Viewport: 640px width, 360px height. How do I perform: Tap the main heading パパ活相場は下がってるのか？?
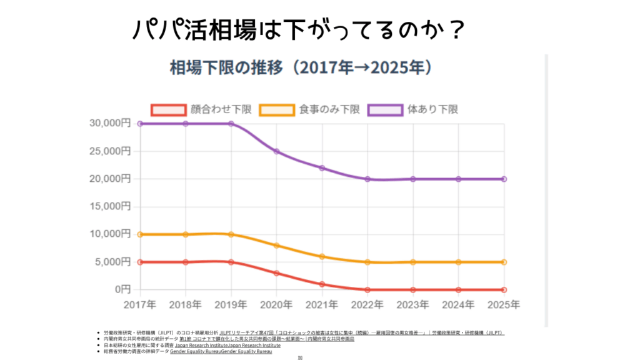297,29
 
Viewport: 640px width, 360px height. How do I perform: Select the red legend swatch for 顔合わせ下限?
169,109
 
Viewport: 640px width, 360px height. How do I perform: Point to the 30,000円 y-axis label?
109,124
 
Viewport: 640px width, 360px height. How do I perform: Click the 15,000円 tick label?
109,207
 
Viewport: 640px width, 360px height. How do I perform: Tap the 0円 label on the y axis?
122,289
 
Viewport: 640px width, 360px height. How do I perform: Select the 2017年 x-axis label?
140,304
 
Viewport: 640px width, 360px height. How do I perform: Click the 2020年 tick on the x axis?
276,304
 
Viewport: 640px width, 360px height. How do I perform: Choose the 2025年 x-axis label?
503,304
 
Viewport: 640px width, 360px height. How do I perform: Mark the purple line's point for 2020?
276,151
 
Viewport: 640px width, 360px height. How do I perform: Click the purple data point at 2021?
322,168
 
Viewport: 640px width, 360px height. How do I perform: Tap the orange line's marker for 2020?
276,246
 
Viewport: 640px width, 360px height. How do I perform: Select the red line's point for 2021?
322,284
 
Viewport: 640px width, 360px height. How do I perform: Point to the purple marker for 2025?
504,179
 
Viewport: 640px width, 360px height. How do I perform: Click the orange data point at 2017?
140,234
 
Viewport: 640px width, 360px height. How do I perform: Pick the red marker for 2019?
231,262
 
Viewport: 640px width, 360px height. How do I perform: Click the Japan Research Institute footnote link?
227,345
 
